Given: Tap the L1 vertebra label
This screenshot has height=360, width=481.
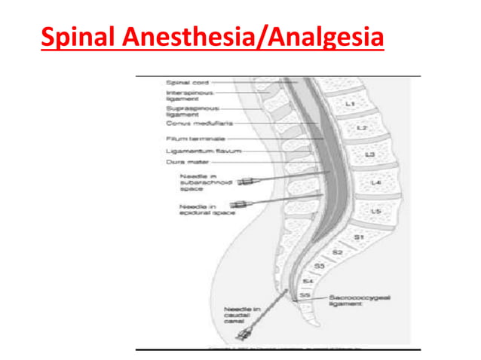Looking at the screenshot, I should click(350, 102).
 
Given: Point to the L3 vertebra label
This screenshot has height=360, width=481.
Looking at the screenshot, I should click(369, 154).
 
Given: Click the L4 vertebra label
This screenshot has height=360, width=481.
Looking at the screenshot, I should click(376, 183).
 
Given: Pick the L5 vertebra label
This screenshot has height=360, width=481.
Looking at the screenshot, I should click(375, 212).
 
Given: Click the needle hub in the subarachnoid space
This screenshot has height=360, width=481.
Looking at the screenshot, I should click(245, 182).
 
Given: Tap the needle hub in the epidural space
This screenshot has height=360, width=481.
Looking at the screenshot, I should click(240, 204).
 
